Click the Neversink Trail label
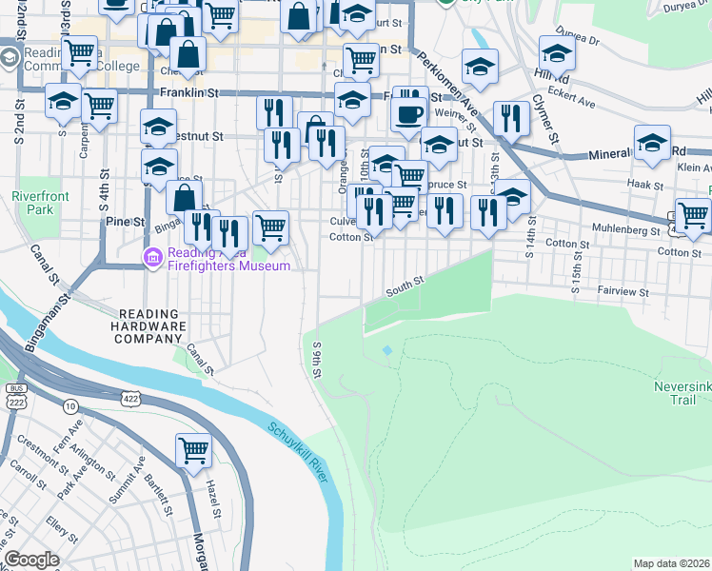click(682, 393)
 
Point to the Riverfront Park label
click(31, 202)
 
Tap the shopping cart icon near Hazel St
click(194, 450)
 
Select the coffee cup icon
click(410, 115)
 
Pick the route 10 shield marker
click(71, 406)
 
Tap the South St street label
click(404, 284)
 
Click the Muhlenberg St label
click(624, 230)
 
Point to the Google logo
click(31, 561)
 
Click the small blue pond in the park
click(386, 350)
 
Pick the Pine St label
click(125, 222)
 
